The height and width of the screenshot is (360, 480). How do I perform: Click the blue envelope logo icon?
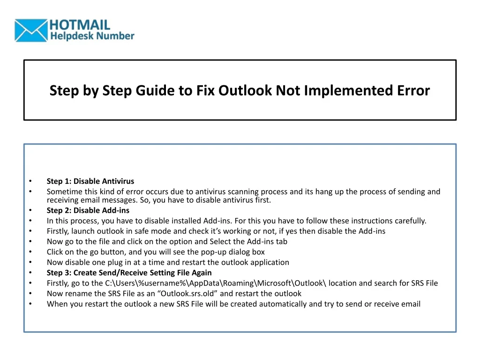point(31,30)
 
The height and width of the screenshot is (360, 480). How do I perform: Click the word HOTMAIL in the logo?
point(80,25)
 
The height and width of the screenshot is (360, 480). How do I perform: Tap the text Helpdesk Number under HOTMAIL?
point(92,36)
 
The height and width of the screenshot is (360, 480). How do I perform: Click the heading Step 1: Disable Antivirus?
point(90,181)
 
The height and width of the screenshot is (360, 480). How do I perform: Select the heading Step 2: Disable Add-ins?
point(88,210)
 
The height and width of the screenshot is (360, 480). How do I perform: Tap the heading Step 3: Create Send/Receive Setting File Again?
point(129,273)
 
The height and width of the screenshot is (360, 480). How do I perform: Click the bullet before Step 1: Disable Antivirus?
point(30,181)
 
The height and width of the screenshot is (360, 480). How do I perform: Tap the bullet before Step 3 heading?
point(30,273)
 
